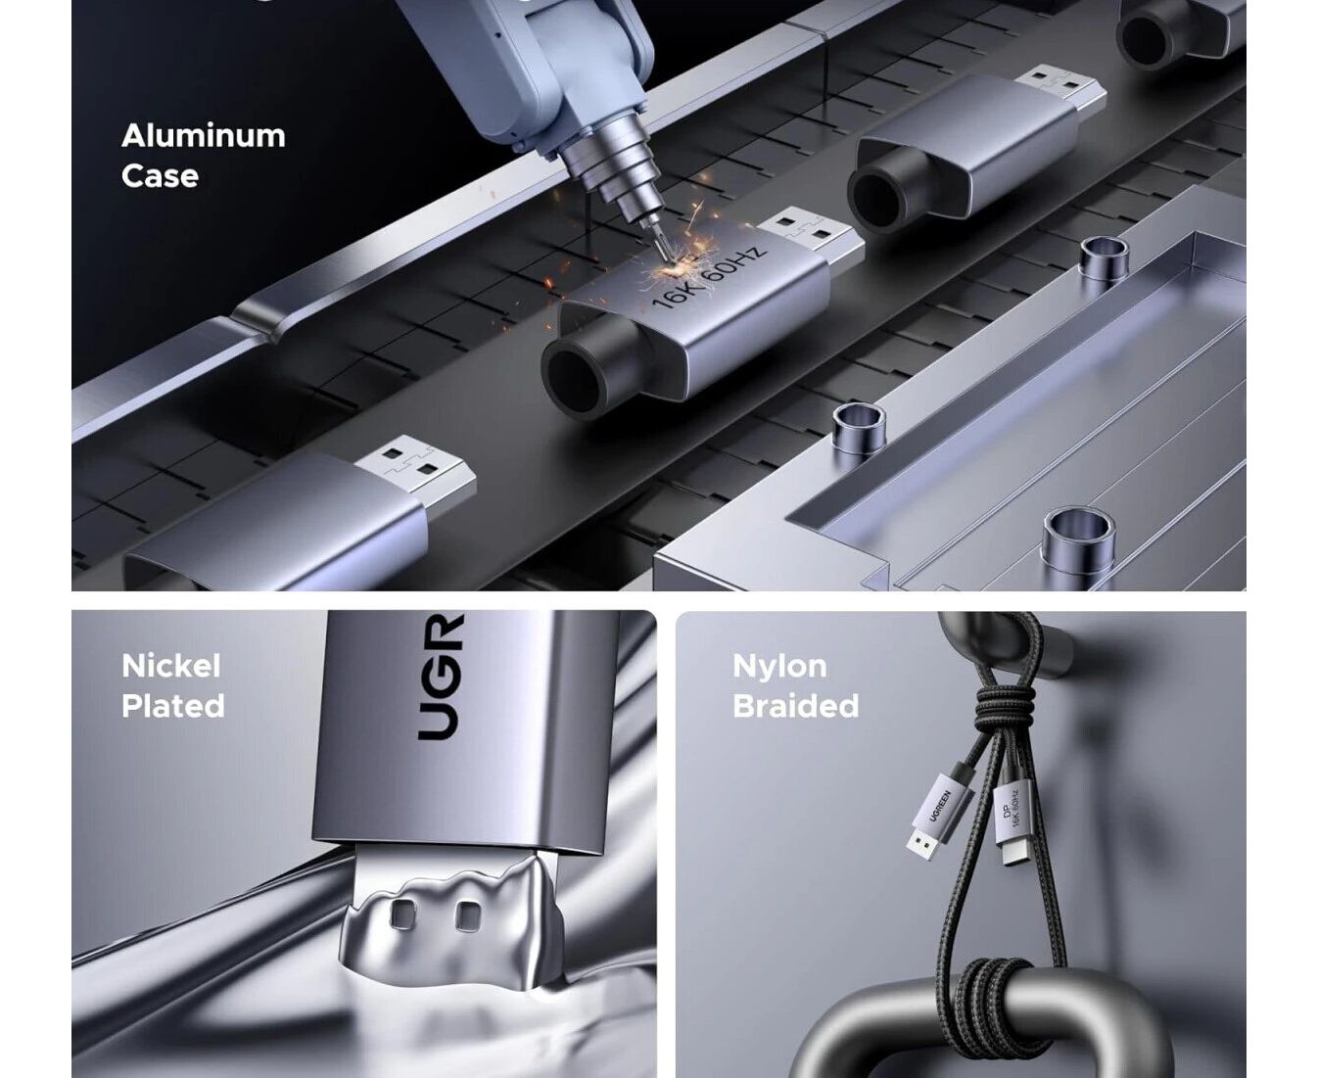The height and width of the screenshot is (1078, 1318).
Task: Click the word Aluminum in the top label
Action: click(x=203, y=136)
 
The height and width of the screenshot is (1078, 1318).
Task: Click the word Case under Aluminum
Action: click(x=160, y=175)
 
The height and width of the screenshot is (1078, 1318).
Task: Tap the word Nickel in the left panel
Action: click(x=171, y=666)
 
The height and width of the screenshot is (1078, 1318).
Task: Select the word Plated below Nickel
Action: click(x=173, y=706)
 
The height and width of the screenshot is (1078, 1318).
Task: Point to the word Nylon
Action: click(x=779, y=667)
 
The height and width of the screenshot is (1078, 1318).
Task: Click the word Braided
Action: click(x=795, y=706)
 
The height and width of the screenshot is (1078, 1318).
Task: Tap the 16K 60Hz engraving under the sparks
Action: click(x=709, y=277)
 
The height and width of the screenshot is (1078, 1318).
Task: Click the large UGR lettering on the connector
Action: click(x=441, y=677)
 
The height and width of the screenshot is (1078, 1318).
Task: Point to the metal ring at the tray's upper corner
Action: click(x=1105, y=257)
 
